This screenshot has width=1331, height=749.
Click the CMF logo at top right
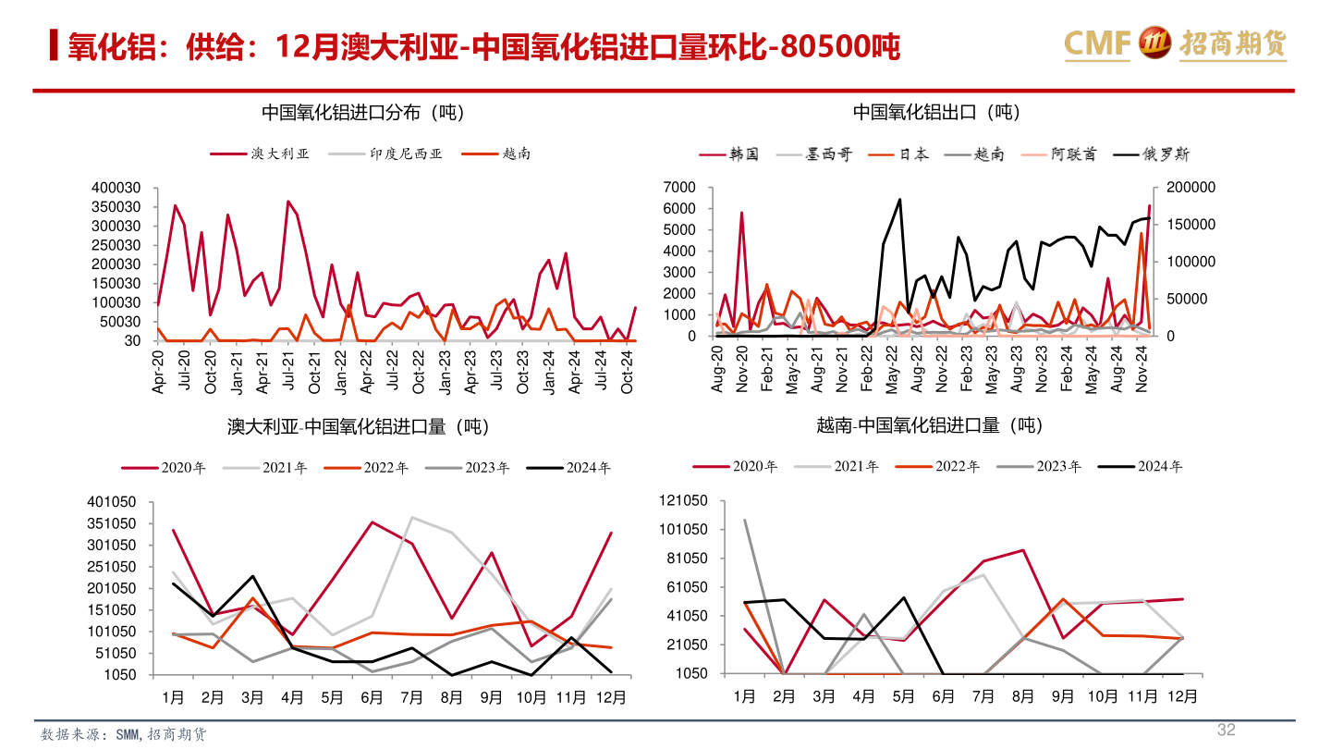pos(1174,42)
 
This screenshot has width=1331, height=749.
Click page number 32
pos(1226,731)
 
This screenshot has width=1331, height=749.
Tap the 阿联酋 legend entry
pos(1074,154)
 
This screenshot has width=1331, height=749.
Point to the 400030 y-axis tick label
pos(116,188)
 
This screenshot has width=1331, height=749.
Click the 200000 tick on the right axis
pos(1191,188)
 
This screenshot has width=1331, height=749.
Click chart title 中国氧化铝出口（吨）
pos(935,113)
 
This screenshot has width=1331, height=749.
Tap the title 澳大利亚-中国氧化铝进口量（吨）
pos(359,426)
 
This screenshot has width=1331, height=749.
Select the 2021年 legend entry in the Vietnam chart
pos(855,467)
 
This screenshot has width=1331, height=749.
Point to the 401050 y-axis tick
pos(112,502)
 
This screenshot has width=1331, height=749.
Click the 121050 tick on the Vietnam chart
pos(682,501)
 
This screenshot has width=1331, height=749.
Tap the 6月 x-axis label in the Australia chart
pos(372,696)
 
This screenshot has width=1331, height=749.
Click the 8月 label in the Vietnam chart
pos(1023,696)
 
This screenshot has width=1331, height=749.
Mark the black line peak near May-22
pos(899,199)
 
